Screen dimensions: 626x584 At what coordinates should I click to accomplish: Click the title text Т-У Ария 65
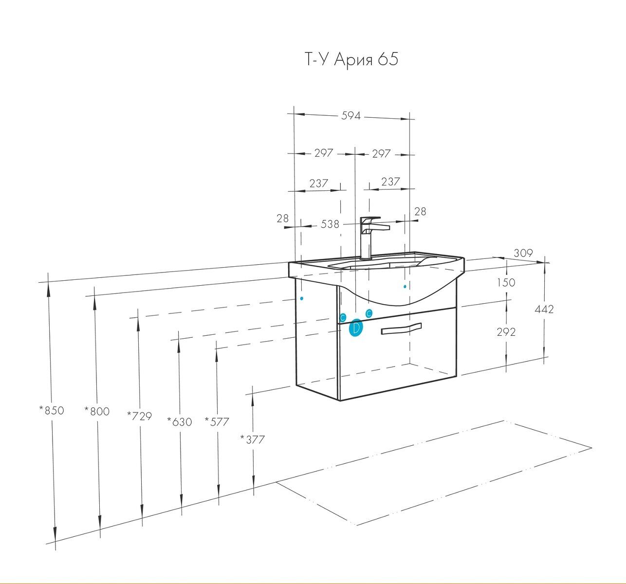(x=351, y=59)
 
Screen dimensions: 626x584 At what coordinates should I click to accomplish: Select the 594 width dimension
(x=350, y=116)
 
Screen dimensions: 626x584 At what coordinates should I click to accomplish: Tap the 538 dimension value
(x=330, y=224)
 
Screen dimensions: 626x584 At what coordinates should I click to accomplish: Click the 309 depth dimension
(x=523, y=253)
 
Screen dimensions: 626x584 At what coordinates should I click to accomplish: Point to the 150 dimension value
(x=506, y=282)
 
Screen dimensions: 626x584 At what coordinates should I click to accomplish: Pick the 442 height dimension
(x=544, y=309)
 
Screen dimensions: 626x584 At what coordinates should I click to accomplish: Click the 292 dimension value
(x=506, y=332)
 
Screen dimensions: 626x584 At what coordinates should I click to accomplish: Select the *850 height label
(x=52, y=410)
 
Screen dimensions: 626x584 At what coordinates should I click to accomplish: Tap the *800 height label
(x=97, y=411)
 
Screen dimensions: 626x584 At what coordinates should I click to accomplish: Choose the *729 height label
(x=139, y=416)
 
